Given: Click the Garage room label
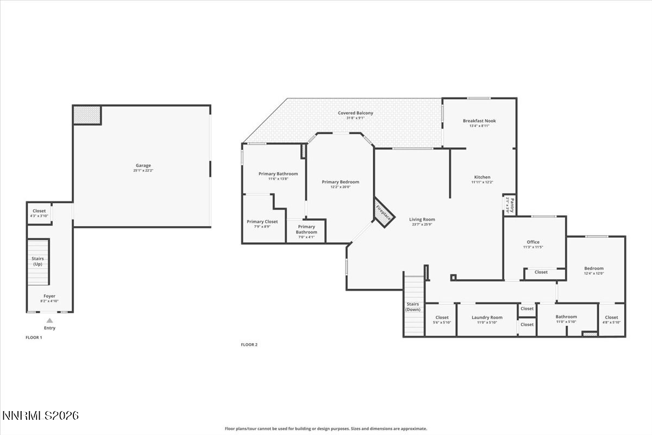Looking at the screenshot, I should coord(143,165).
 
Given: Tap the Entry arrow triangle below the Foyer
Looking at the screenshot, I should coord(49,321).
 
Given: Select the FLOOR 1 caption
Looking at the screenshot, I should coord(34,338).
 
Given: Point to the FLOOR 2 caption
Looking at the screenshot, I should coord(249,345).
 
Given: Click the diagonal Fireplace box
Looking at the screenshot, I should coord(384,212).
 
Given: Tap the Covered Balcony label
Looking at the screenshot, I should coord(355,113).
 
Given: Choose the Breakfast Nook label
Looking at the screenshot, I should coord(479,121).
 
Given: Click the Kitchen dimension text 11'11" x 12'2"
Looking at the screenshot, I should coord(482,182).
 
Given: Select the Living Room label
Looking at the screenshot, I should coord(422,220).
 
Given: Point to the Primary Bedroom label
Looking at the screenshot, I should coord(340,182).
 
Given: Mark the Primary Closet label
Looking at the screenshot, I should coord(262,221).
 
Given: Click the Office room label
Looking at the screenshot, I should coord(532,242).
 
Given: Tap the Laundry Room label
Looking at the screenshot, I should coord(487,317).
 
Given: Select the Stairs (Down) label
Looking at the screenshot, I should coord(413,307).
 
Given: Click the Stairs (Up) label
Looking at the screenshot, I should coord(38,261).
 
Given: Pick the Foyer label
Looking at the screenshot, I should coord(49,296).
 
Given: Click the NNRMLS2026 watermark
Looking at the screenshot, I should coord(41,416).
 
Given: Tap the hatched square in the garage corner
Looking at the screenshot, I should coord(87,115).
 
